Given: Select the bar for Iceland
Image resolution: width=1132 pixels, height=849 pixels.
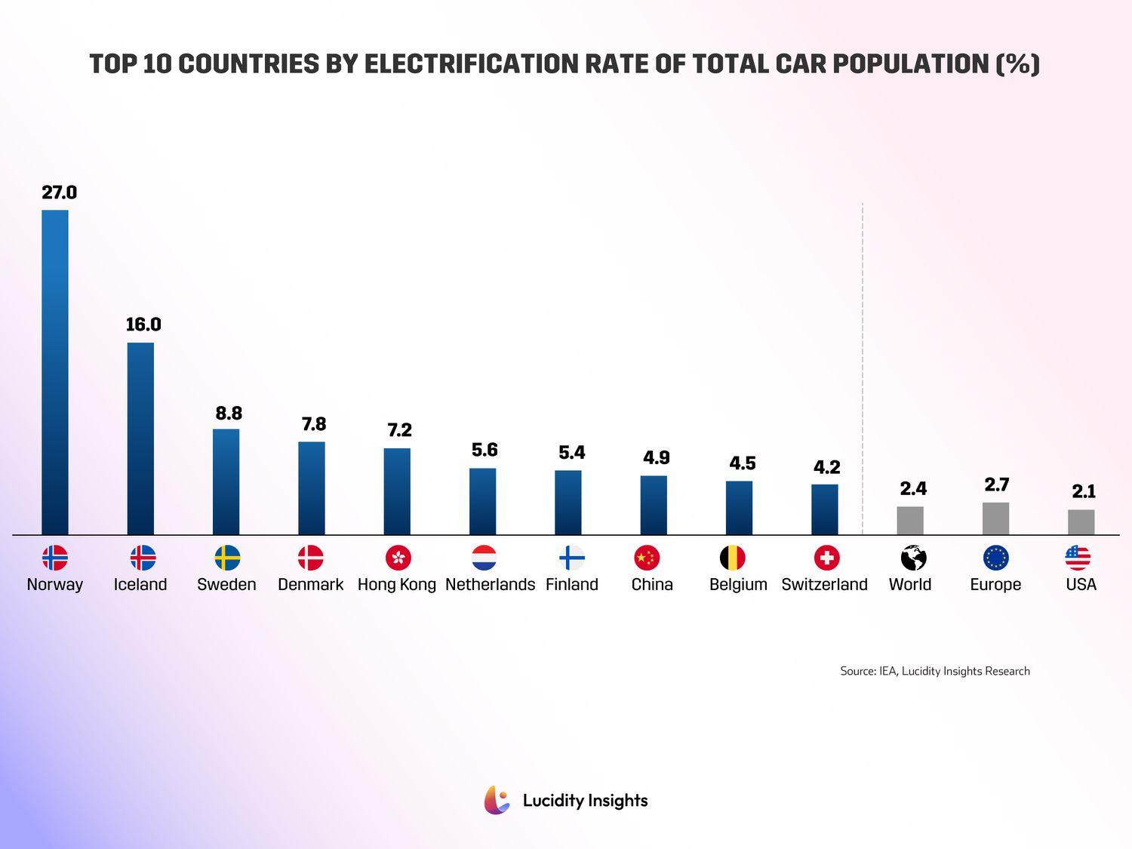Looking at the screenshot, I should (x=140, y=438).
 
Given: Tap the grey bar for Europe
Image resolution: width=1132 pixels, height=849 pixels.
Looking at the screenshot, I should (x=995, y=518).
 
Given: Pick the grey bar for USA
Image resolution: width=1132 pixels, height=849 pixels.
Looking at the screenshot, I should (x=1081, y=522).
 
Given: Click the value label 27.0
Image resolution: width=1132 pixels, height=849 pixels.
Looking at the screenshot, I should (x=59, y=192).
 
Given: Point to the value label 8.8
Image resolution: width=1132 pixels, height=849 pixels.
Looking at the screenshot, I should (x=229, y=414).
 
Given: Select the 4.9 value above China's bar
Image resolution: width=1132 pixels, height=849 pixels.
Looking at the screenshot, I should (x=656, y=458).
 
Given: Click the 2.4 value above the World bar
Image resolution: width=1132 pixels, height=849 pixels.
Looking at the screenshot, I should (x=913, y=489).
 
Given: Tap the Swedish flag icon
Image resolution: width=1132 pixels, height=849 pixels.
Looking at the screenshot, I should (x=227, y=558).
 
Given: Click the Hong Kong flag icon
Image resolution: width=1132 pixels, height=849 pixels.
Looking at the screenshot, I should (x=398, y=558).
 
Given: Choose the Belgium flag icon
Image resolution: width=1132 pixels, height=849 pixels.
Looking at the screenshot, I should (x=732, y=558).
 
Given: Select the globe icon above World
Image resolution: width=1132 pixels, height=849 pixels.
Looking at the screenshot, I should (x=913, y=558).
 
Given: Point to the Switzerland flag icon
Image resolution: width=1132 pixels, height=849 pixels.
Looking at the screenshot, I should (x=827, y=558).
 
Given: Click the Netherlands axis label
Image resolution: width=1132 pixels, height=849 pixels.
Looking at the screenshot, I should (x=490, y=585).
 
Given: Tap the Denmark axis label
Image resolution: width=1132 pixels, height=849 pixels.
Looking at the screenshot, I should (x=310, y=585).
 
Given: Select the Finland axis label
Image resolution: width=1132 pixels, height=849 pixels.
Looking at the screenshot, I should (x=571, y=585).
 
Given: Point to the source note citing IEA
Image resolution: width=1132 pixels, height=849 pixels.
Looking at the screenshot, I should (x=934, y=671).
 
